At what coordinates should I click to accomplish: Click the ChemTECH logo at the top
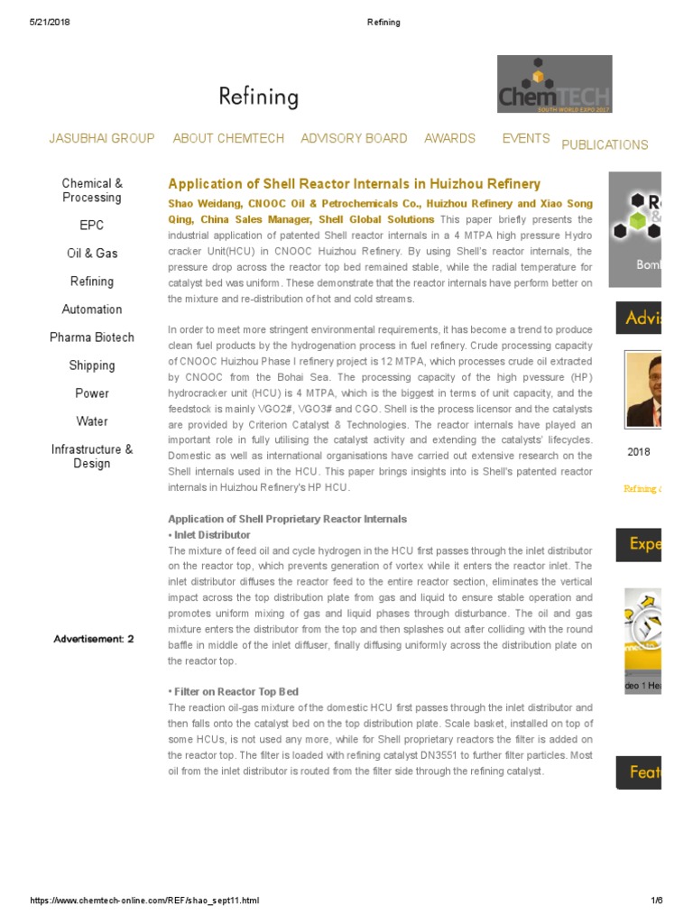tap(554, 84)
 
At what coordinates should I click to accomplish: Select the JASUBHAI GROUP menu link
tap(101, 138)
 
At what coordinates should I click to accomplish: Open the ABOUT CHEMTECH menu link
tap(228, 138)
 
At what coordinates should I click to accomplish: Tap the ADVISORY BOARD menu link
tap(354, 138)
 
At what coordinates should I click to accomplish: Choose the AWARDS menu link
tap(449, 138)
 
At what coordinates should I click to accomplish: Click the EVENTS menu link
tap(526, 138)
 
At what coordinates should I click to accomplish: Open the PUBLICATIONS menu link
tap(605, 144)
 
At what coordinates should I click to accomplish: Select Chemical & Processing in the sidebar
tap(92, 190)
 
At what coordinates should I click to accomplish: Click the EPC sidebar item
tap(92, 225)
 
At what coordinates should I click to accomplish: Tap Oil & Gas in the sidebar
tap(92, 254)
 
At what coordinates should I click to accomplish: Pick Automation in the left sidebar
tap(92, 310)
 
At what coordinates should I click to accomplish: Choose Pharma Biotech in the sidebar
tap(92, 337)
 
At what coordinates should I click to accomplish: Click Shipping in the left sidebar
tap(92, 365)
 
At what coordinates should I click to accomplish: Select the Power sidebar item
tap(92, 393)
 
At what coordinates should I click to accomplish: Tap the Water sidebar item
tap(92, 421)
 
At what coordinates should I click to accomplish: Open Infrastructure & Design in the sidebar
tap(92, 457)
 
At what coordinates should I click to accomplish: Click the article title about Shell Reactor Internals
tap(355, 183)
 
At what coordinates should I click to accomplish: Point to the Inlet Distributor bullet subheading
tap(211, 534)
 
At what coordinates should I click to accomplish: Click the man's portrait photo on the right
tap(643, 389)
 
